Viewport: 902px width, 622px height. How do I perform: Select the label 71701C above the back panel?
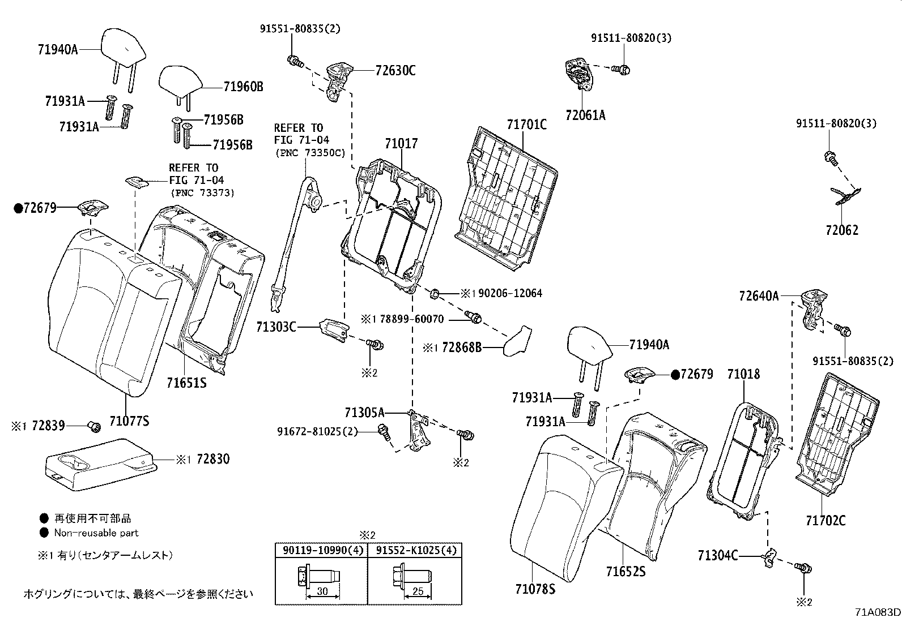click(526, 125)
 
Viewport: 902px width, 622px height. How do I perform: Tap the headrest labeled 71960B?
click(179, 80)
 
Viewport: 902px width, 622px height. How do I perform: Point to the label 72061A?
click(585, 115)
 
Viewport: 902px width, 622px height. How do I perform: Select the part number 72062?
click(841, 230)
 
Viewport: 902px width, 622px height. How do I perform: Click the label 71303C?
click(276, 327)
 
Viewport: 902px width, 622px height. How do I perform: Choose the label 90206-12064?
click(510, 293)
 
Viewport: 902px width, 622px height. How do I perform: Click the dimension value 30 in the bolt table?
click(322, 591)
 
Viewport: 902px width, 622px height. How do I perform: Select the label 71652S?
click(625, 572)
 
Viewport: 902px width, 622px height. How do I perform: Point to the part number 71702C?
click(826, 520)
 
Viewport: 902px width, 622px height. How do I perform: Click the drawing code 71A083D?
click(877, 612)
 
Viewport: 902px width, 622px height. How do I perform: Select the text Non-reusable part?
click(96, 533)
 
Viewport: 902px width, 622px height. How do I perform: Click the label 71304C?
click(718, 556)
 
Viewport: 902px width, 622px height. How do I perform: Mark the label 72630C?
click(395, 71)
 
